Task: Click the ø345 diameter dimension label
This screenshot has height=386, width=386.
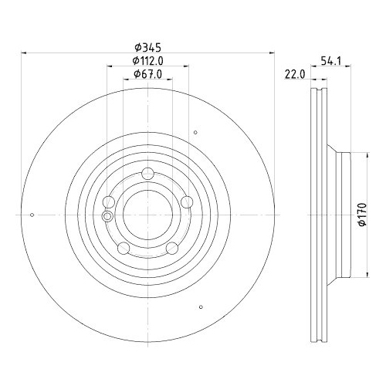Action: coord(147,47)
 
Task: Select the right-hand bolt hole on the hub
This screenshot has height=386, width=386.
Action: coord(187,201)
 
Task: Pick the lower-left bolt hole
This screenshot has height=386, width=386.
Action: coord(122,248)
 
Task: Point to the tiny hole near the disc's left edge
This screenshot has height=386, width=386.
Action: coord(32,215)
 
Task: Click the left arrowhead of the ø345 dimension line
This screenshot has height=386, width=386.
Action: coord(22,53)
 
